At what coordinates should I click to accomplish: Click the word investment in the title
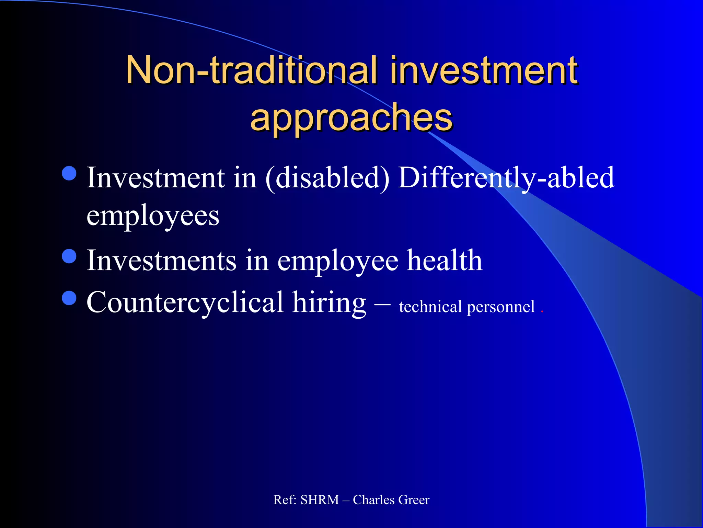click(484, 70)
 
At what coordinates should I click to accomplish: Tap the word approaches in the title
click(351, 118)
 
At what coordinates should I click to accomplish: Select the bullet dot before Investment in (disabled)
click(70, 173)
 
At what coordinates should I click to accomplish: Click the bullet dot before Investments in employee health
click(70, 256)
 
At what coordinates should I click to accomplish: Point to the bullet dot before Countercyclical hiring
click(70, 298)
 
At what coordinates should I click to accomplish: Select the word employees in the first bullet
click(153, 216)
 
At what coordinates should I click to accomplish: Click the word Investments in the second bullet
click(161, 261)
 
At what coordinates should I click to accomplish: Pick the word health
click(445, 261)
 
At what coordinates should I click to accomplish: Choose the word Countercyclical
click(185, 302)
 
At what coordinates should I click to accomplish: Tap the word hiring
click(329, 302)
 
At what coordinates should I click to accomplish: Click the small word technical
click(430, 307)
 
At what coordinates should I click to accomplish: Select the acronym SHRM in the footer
click(320, 500)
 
